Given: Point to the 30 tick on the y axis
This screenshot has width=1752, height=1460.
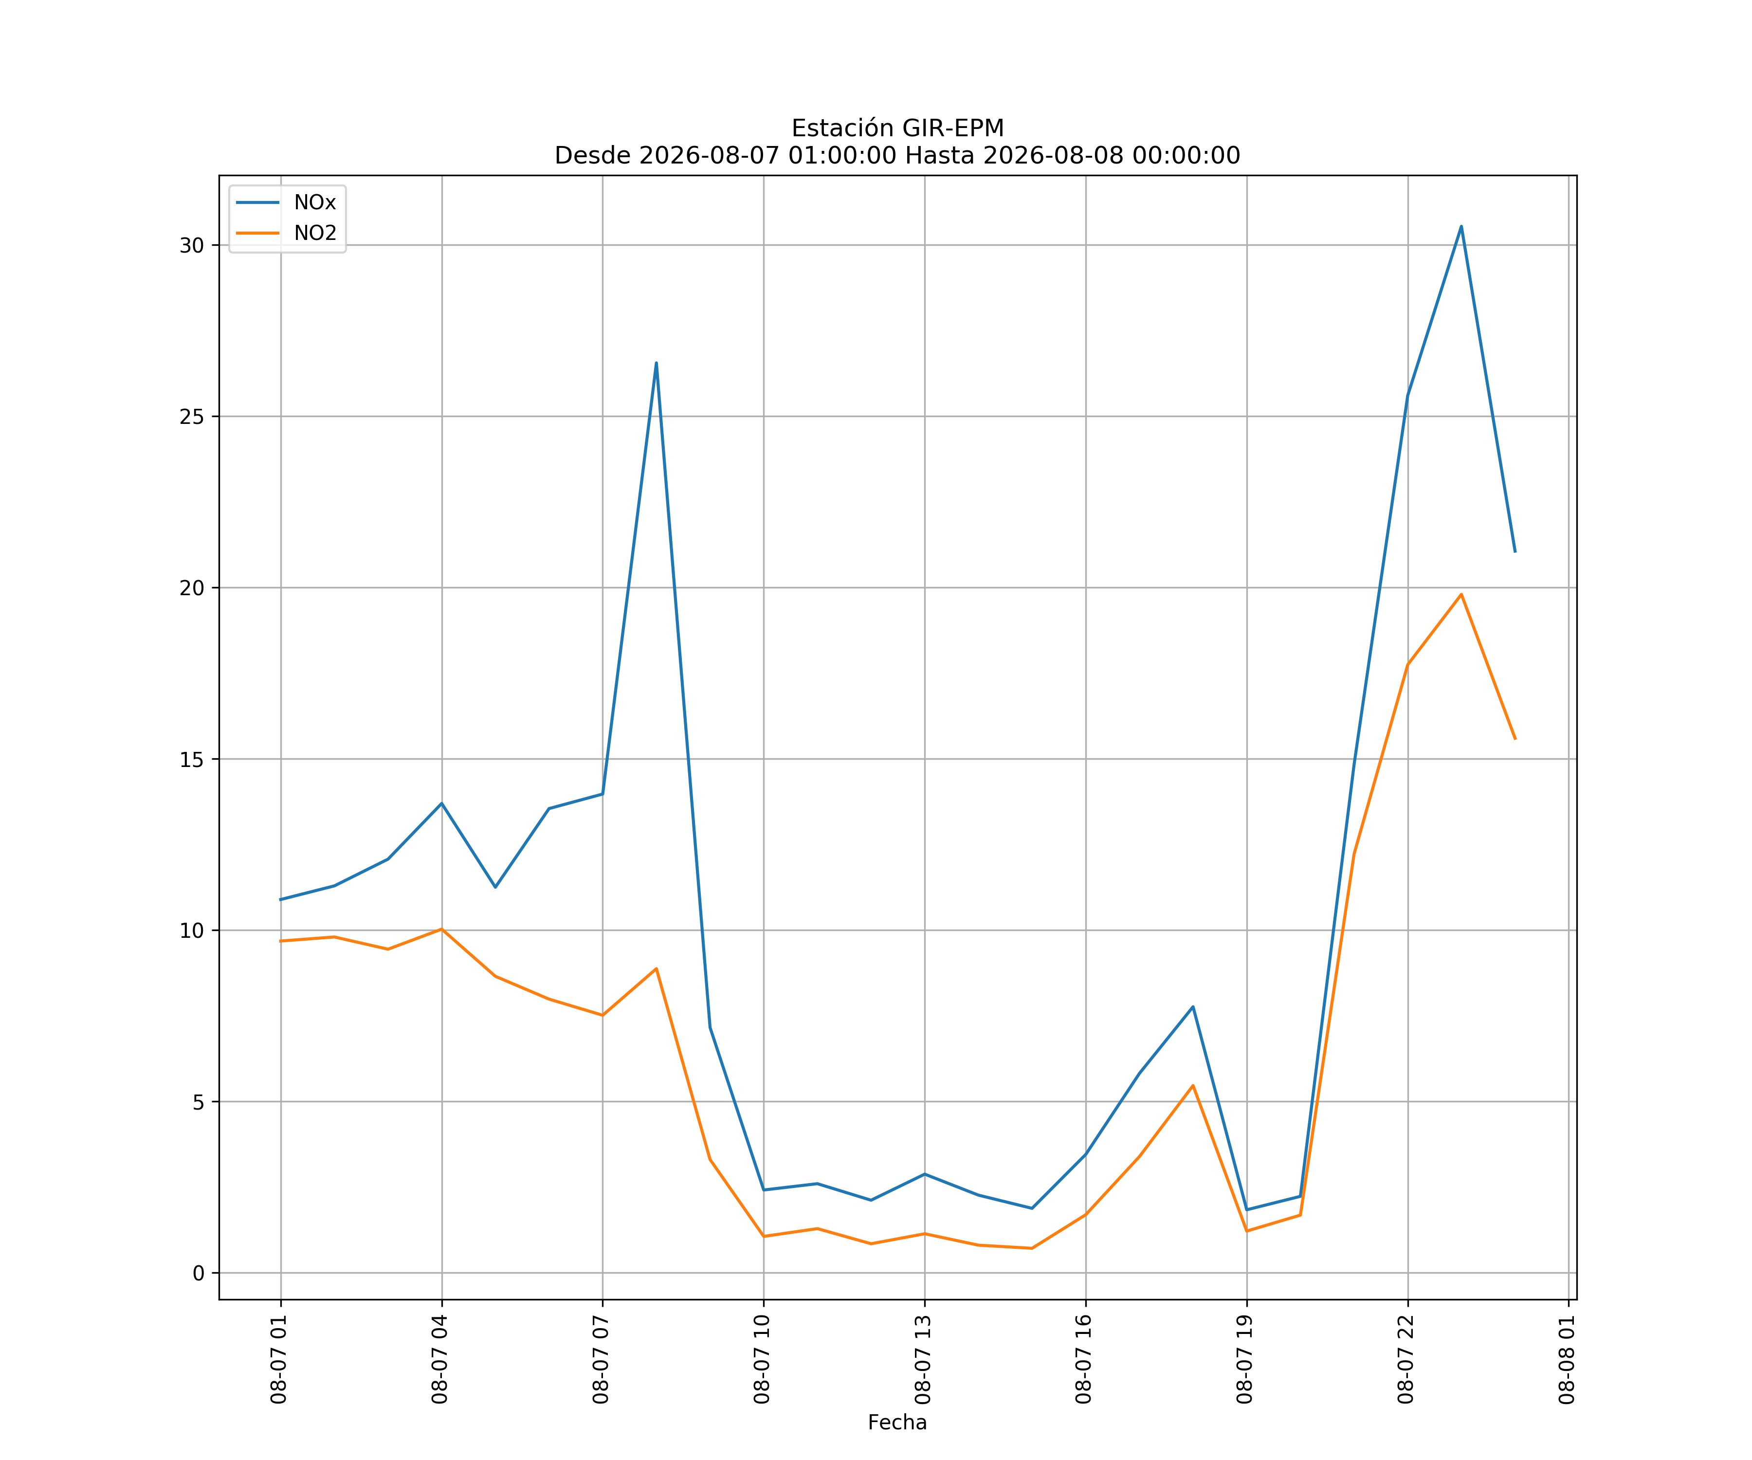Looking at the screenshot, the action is click(192, 245).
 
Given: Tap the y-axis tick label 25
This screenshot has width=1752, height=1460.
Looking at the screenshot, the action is click(192, 416).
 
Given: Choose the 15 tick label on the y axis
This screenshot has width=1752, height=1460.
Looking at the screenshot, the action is click(192, 759).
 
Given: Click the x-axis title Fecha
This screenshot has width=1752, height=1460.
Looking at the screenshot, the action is click(898, 1423).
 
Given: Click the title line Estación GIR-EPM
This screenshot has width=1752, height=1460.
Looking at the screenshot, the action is click(898, 128).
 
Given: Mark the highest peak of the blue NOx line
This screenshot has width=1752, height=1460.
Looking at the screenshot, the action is click(1461, 226).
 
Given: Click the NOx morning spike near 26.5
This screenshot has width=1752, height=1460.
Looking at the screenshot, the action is click(657, 363).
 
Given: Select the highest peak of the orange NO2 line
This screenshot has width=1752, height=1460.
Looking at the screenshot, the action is click(1461, 594).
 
